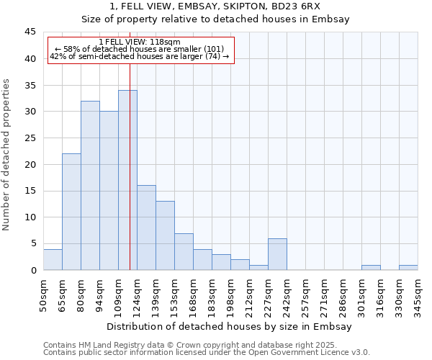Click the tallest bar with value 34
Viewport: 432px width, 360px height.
coord(127,180)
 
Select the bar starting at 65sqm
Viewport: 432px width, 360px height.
coord(71,212)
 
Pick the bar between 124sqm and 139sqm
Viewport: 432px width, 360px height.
coord(146,228)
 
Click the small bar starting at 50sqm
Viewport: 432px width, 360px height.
coord(53,260)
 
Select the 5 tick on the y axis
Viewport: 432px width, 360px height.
coord(33,243)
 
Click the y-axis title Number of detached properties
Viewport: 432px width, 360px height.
coord(7,155)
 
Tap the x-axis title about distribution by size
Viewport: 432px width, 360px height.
coord(230,326)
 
